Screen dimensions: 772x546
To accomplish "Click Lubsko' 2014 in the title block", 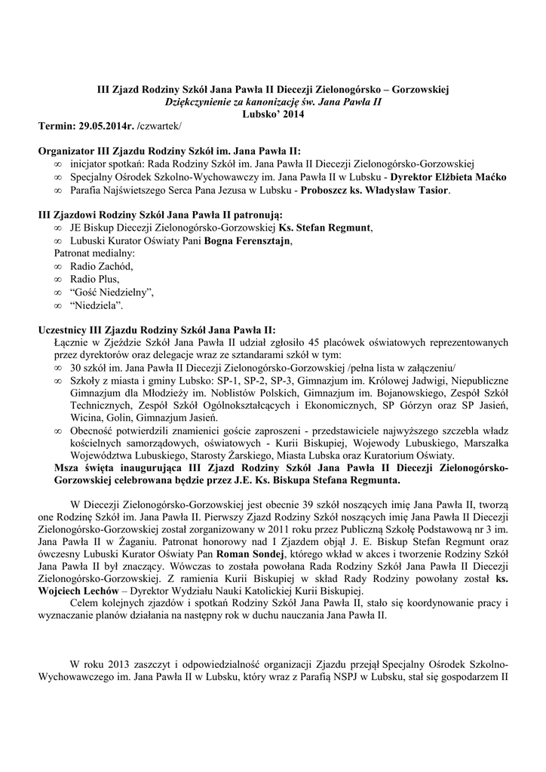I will pyautogui.click(x=273, y=112).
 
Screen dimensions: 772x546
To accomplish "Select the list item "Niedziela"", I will pyautogui.click(x=97, y=305).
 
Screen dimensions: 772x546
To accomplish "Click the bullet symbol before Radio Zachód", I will pyautogui.click(x=58, y=267).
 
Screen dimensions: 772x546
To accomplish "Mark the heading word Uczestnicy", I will pyautogui.click(x=64, y=329).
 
